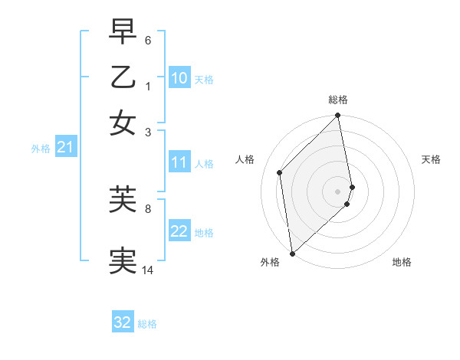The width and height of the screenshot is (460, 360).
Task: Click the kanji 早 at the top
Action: click(x=123, y=33)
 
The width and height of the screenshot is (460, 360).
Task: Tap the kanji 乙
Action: click(x=123, y=77)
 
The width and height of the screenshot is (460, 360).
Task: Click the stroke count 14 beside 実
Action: click(x=148, y=270)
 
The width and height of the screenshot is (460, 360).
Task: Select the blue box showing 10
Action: click(x=179, y=78)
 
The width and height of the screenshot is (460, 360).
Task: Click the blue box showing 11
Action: click(x=179, y=162)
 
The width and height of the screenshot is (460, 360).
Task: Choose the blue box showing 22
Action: click(x=179, y=231)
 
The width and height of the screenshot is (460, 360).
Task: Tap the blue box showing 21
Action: click(x=64, y=147)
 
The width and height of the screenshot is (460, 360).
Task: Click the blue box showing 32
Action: click(x=123, y=322)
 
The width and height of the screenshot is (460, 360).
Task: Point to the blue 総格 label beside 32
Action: click(x=147, y=324)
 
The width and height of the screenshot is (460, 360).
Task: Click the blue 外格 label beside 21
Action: click(x=41, y=149)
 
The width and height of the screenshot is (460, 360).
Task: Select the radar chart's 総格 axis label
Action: click(x=338, y=100)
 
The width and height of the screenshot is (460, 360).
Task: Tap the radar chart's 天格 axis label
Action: click(x=431, y=159)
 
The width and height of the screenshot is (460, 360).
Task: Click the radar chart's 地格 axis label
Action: click(x=402, y=262)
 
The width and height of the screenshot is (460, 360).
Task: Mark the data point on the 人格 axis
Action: click(x=280, y=172)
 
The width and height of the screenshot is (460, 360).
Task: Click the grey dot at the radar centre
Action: click(x=338, y=191)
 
